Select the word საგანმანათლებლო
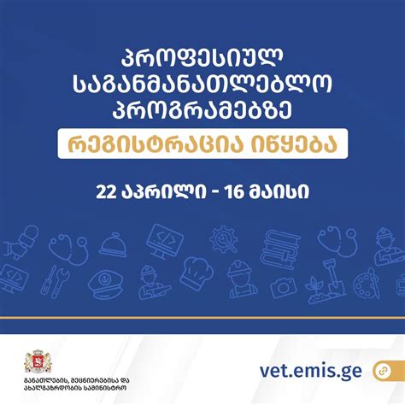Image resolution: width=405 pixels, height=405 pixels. [202, 85]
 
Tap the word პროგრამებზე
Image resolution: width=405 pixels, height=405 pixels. [202, 110]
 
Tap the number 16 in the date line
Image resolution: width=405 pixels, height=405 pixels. [233, 190]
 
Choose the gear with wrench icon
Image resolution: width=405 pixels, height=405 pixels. [223, 237]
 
